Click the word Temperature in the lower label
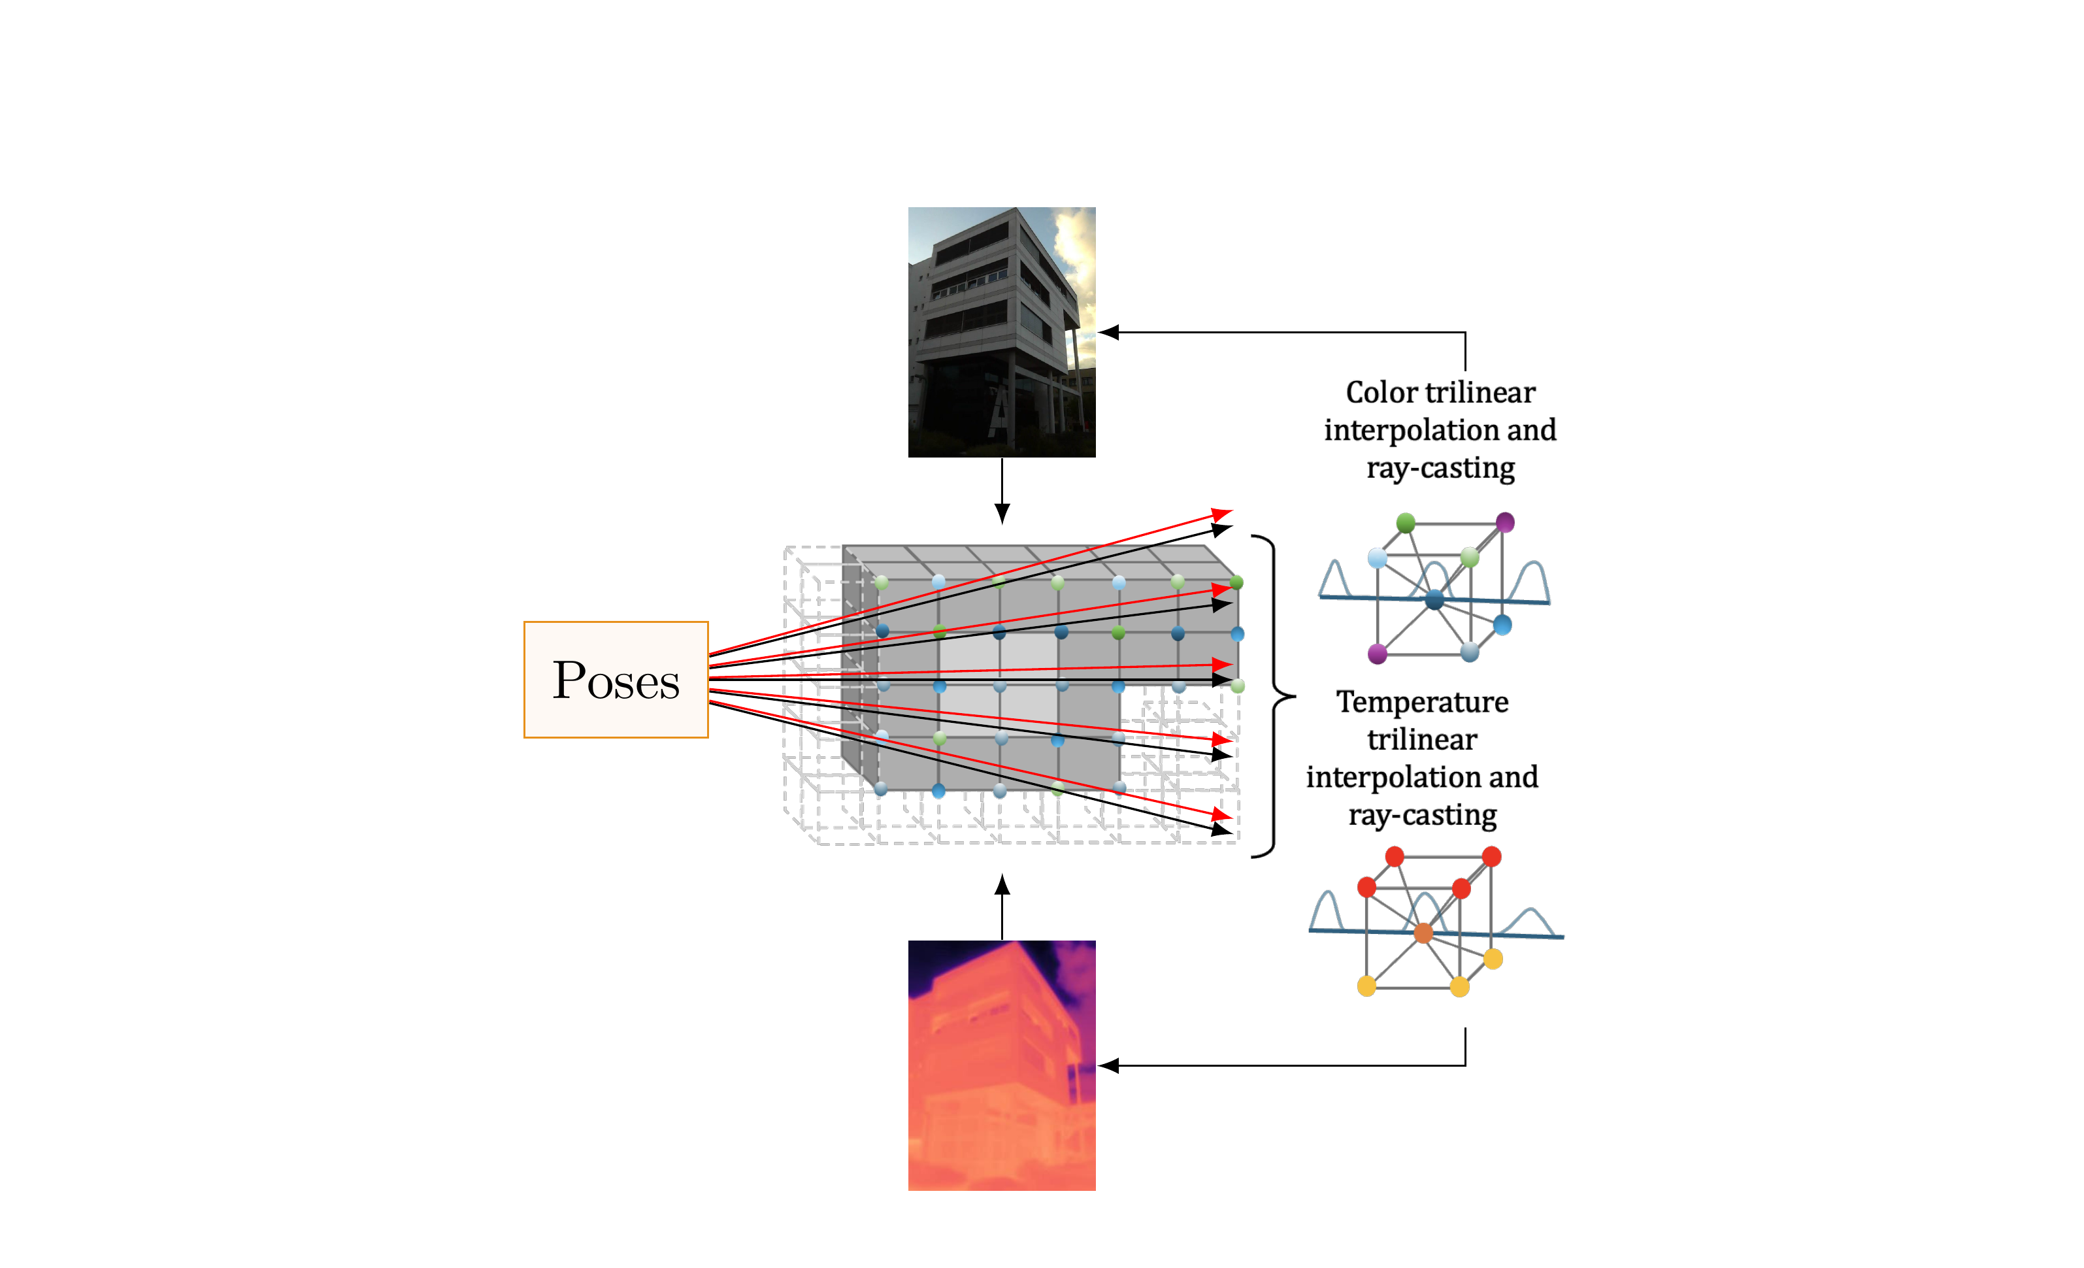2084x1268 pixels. coord(1422,702)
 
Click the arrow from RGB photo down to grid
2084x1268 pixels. coord(1002,491)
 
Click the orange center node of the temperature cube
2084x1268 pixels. coord(1423,933)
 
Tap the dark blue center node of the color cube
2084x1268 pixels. coord(1434,600)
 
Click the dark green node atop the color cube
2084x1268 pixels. coord(1406,523)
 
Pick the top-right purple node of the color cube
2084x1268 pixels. coord(1504,522)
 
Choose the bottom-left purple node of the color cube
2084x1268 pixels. coord(1378,653)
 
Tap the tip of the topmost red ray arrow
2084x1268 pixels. coord(1228,512)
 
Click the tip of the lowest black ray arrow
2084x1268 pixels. coord(1228,831)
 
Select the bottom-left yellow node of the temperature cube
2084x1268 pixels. coord(1366,986)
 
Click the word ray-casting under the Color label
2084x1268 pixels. coord(1440,468)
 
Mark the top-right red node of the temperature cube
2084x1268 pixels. coord(1491,857)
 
